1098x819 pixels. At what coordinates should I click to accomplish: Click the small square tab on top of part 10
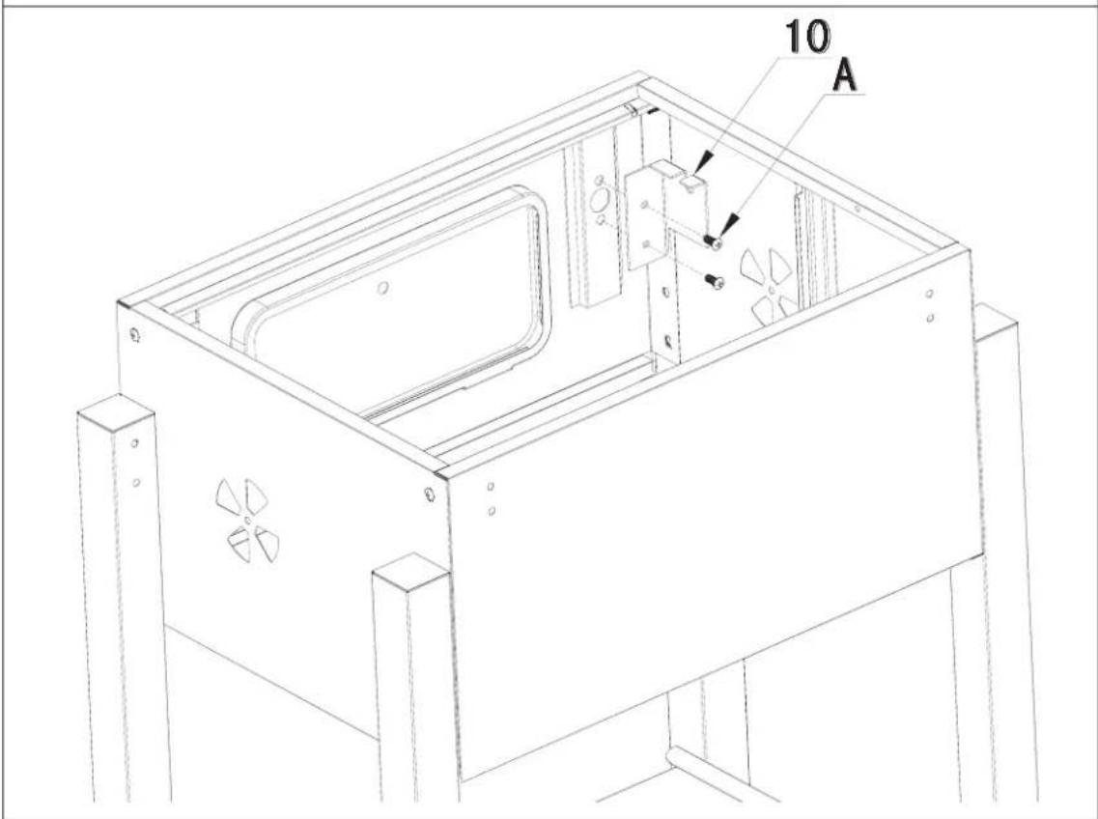(x=690, y=180)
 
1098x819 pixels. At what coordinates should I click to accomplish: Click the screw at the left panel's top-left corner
(x=133, y=335)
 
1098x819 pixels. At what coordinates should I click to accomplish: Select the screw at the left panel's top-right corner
(x=430, y=495)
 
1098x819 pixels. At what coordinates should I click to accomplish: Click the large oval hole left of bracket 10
(x=600, y=200)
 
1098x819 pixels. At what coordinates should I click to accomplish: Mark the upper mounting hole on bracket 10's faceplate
(x=645, y=206)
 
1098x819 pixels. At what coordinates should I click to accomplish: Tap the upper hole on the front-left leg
(x=134, y=442)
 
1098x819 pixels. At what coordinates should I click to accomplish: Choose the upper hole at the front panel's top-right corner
(x=928, y=294)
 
